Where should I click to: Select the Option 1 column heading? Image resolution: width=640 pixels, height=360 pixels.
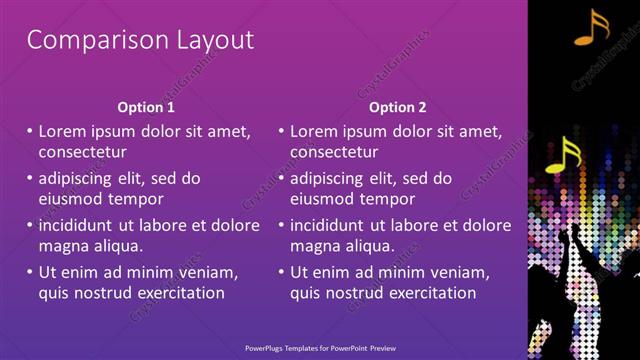pyautogui.click(x=146, y=107)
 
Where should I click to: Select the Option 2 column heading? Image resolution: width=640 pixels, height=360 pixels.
pyautogui.click(x=397, y=107)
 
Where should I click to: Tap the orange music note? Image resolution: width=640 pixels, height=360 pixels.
pyautogui.click(x=591, y=28)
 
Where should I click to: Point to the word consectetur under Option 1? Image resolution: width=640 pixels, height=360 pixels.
pyautogui.click(x=83, y=153)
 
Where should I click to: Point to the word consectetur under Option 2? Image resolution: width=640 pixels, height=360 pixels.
pyautogui.click(x=334, y=153)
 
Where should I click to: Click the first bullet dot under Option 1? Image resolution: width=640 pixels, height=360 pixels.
pyautogui.click(x=30, y=131)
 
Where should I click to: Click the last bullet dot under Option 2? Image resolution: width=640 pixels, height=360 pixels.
pyautogui.click(x=281, y=272)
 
